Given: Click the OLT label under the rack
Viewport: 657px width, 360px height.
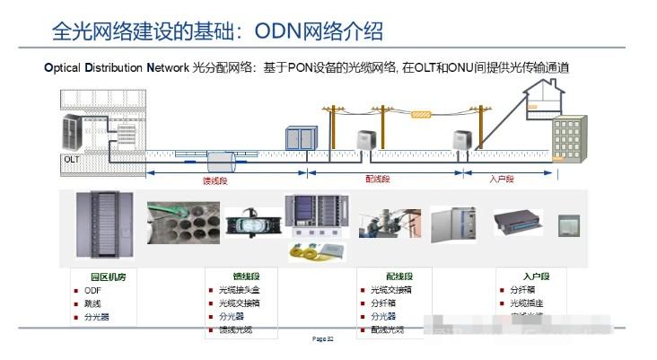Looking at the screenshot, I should click(x=72, y=159).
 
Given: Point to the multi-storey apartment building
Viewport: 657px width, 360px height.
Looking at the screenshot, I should click(x=569, y=139).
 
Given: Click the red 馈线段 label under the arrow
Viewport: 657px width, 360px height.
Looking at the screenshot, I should click(x=216, y=180).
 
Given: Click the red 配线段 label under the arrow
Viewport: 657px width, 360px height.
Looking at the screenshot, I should click(x=378, y=180).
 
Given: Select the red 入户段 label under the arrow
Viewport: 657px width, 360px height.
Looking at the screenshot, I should click(x=503, y=180).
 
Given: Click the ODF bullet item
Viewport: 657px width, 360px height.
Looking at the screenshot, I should click(x=93, y=291).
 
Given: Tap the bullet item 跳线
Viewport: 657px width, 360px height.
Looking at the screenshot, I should click(x=93, y=303).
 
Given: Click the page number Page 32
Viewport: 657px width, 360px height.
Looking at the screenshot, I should click(x=323, y=339).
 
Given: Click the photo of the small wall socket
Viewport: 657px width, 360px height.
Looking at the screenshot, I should click(x=569, y=224).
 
